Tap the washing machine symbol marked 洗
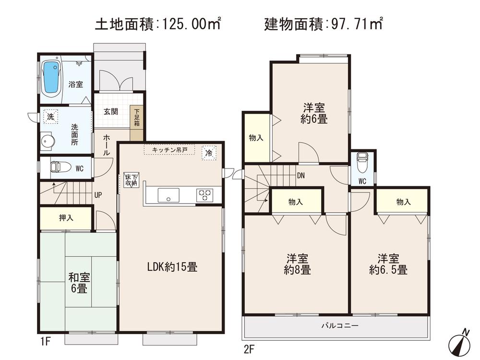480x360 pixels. tap(50, 116)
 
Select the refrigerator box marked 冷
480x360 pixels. tap(209, 153)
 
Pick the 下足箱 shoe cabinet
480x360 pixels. tap(137, 117)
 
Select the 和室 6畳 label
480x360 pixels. tap(77, 283)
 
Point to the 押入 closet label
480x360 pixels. tap(66, 218)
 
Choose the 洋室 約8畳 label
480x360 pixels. tap(297, 264)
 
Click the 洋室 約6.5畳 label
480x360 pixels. tap(388, 264)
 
